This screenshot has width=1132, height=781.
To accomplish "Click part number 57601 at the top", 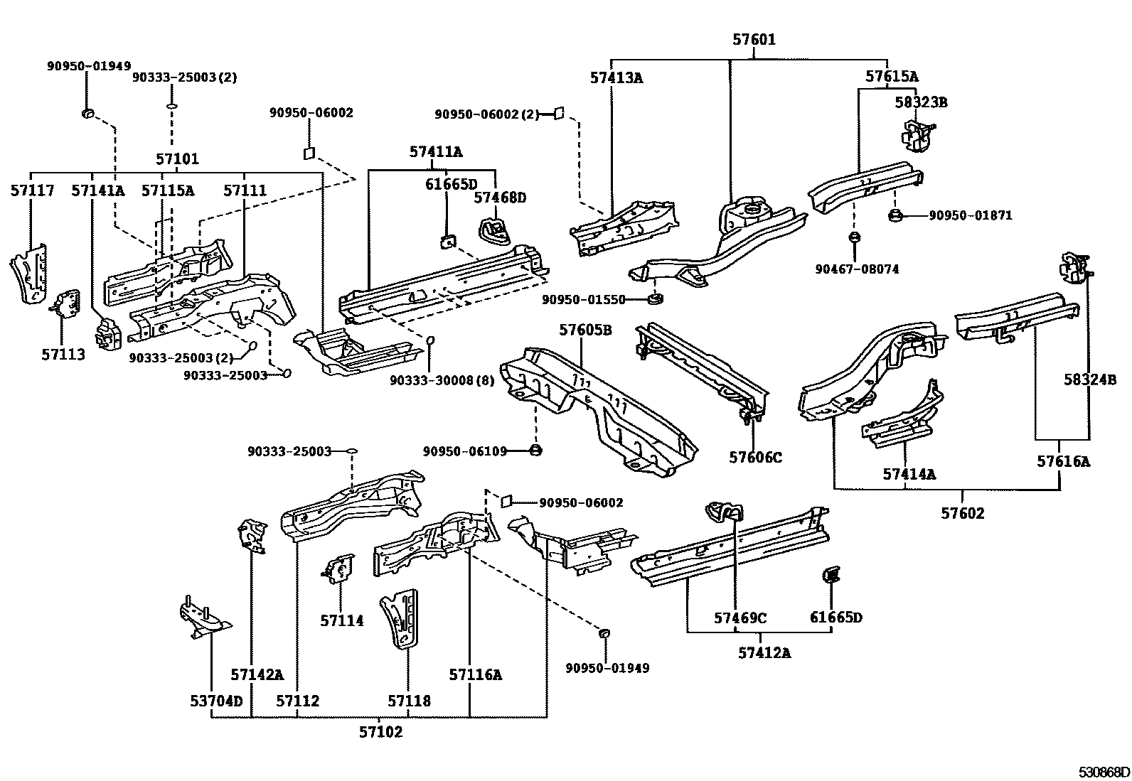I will pyautogui.click(x=754, y=40).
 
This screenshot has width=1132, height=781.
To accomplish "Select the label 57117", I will pyautogui.click(x=31, y=190).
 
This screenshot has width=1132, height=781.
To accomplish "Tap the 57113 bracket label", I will pyautogui.click(x=63, y=355).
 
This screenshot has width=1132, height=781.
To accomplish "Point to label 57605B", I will pyautogui.click(x=585, y=330).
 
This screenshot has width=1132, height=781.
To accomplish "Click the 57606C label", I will pyautogui.click(x=755, y=458).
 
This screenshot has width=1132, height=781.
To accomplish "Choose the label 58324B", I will pyautogui.click(x=1090, y=379).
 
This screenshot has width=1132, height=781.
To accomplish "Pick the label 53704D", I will pyautogui.click(x=216, y=701).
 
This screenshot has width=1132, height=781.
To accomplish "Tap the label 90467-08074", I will pyautogui.click(x=857, y=269).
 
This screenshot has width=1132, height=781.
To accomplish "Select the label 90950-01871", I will pyautogui.click(x=970, y=215).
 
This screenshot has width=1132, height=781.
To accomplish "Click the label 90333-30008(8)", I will pyautogui.click(x=442, y=381).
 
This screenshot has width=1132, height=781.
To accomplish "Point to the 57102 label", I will pyautogui.click(x=380, y=731).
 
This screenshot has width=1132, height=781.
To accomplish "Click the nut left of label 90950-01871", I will pyautogui.click(x=896, y=215).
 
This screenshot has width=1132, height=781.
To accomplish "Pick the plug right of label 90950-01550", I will pyautogui.click(x=656, y=297).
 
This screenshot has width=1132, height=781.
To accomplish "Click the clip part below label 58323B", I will pyautogui.click(x=917, y=135).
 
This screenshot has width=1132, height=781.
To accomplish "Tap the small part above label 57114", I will pyautogui.click(x=338, y=569).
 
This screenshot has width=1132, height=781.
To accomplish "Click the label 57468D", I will pyautogui.click(x=500, y=198).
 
